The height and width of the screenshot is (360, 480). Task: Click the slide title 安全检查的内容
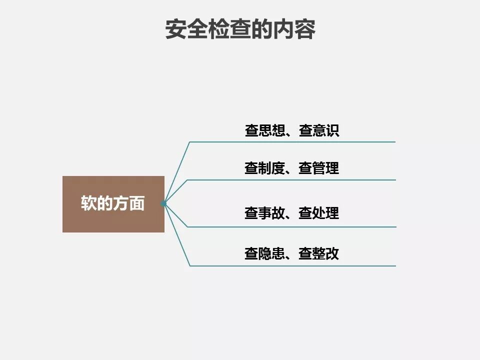click(x=240, y=29)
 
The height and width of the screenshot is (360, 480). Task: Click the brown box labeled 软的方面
click(x=113, y=204)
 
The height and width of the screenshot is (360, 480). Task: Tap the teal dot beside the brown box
click(x=163, y=203)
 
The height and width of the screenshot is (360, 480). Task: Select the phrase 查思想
click(x=264, y=131)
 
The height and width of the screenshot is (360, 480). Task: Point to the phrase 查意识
click(x=319, y=131)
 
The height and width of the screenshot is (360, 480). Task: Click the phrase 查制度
click(x=264, y=168)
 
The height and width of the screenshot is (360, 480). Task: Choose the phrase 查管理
click(x=319, y=168)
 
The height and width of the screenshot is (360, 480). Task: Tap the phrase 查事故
click(x=264, y=213)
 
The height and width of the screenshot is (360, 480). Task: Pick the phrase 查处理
click(x=319, y=213)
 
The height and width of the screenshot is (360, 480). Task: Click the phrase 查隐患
click(x=264, y=253)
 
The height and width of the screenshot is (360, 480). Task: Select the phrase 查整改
click(x=319, y=253)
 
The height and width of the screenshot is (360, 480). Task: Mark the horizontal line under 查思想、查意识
click(x=292, y=142)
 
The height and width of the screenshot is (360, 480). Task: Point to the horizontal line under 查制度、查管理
click(x=292, y=180)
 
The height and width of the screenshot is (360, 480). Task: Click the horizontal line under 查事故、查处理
click(x=292, y=227)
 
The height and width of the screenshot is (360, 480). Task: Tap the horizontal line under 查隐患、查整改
click(x=292, y=265)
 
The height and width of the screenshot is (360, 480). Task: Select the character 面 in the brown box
click(x=136, y=203)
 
